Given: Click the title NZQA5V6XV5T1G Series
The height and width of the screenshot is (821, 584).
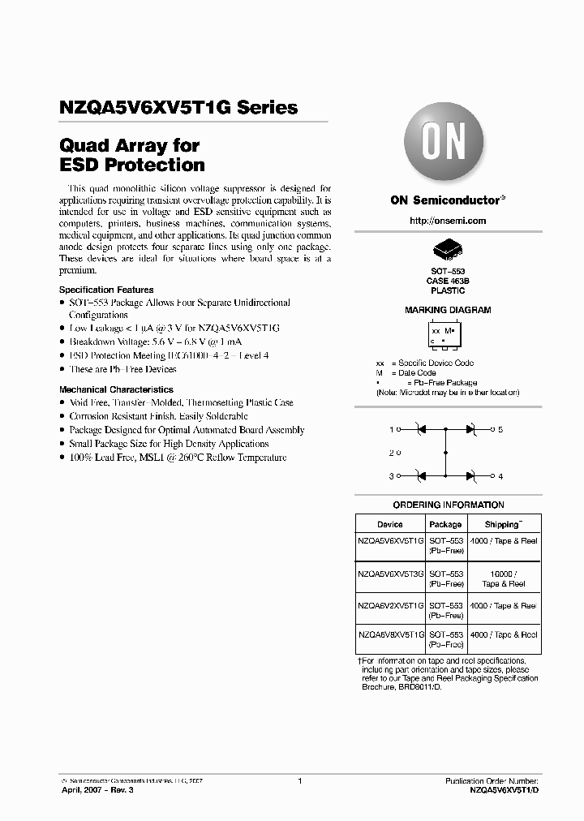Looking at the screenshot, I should point(178,107).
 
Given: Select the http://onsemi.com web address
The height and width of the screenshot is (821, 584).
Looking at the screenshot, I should point(448,221).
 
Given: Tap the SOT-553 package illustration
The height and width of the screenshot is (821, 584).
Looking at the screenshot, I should point(448,250).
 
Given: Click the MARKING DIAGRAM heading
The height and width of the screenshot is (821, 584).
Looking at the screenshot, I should point(448,310).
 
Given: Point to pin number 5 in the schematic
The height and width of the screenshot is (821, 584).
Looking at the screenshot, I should point(500,429).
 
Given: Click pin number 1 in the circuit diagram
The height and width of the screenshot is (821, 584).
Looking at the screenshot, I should point(391,429).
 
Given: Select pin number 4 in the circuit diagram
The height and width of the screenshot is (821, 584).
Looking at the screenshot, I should point(500,476).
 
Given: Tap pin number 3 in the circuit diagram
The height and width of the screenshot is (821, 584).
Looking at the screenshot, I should point(391,476).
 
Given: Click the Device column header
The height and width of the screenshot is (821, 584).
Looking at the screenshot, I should point(389,525).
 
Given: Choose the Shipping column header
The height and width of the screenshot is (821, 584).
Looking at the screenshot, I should point(503,525).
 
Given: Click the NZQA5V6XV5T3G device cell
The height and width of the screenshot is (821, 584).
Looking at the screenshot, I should point(390,573).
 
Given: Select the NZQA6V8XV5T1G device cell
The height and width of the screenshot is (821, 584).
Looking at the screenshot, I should point(390,635).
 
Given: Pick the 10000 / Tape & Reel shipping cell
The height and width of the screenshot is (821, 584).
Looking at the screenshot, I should point(503,578).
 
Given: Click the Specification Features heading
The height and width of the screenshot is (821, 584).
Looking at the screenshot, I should point(106,290).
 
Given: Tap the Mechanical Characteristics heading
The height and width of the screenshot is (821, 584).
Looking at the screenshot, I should point(116,389).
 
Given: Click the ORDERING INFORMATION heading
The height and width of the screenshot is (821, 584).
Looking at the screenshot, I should point(448,505).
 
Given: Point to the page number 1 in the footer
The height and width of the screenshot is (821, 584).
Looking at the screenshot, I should point(299,781).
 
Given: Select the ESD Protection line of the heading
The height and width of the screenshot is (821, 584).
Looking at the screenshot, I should point(132,165).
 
